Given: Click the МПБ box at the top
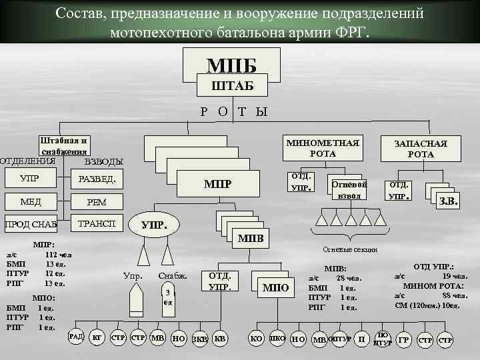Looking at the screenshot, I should pyautogui.click(x=231, y=65).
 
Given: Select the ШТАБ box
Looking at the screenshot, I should pyautogui.click(x=231, y=85).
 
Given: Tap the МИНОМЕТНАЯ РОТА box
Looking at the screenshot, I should pyautogui.click(x=323, y=149).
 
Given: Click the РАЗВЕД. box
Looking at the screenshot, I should pyautogui.click(x=97, y=179).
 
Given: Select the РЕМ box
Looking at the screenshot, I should pyautogui.click(x=97, y=202).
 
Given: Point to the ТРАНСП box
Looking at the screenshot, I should pyautogui.click(x=97, y=224).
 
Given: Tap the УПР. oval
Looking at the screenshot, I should pyautogui.click(x=154, y=226).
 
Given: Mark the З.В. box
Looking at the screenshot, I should pyautogui.click(x=447, y=200).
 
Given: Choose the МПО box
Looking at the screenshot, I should pyautogui.click(x=275, y=288).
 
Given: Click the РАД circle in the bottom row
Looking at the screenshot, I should pyautogui.click(x=76, y=337).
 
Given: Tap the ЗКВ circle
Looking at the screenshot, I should pyautogui.click(x=199, y=339).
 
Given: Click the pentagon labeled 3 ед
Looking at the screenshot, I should pyautogui.click(x=169, y=296).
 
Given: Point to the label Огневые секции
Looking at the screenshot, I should pyautogui.click(x=350, y=249).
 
